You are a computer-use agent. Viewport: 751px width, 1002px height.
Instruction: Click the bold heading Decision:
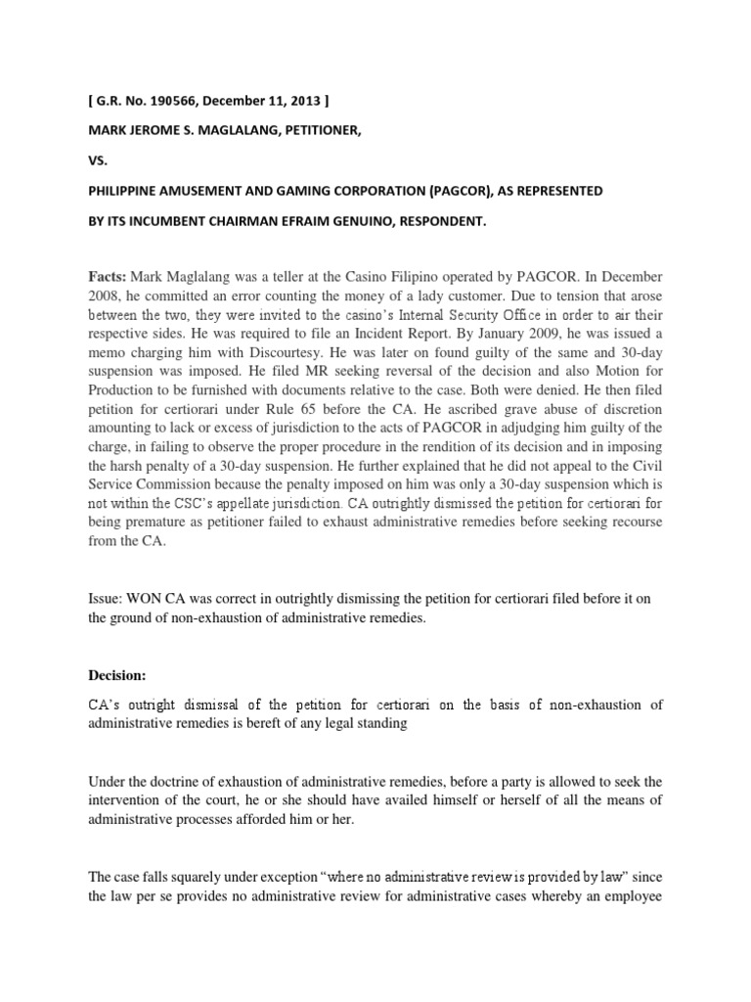121,669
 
